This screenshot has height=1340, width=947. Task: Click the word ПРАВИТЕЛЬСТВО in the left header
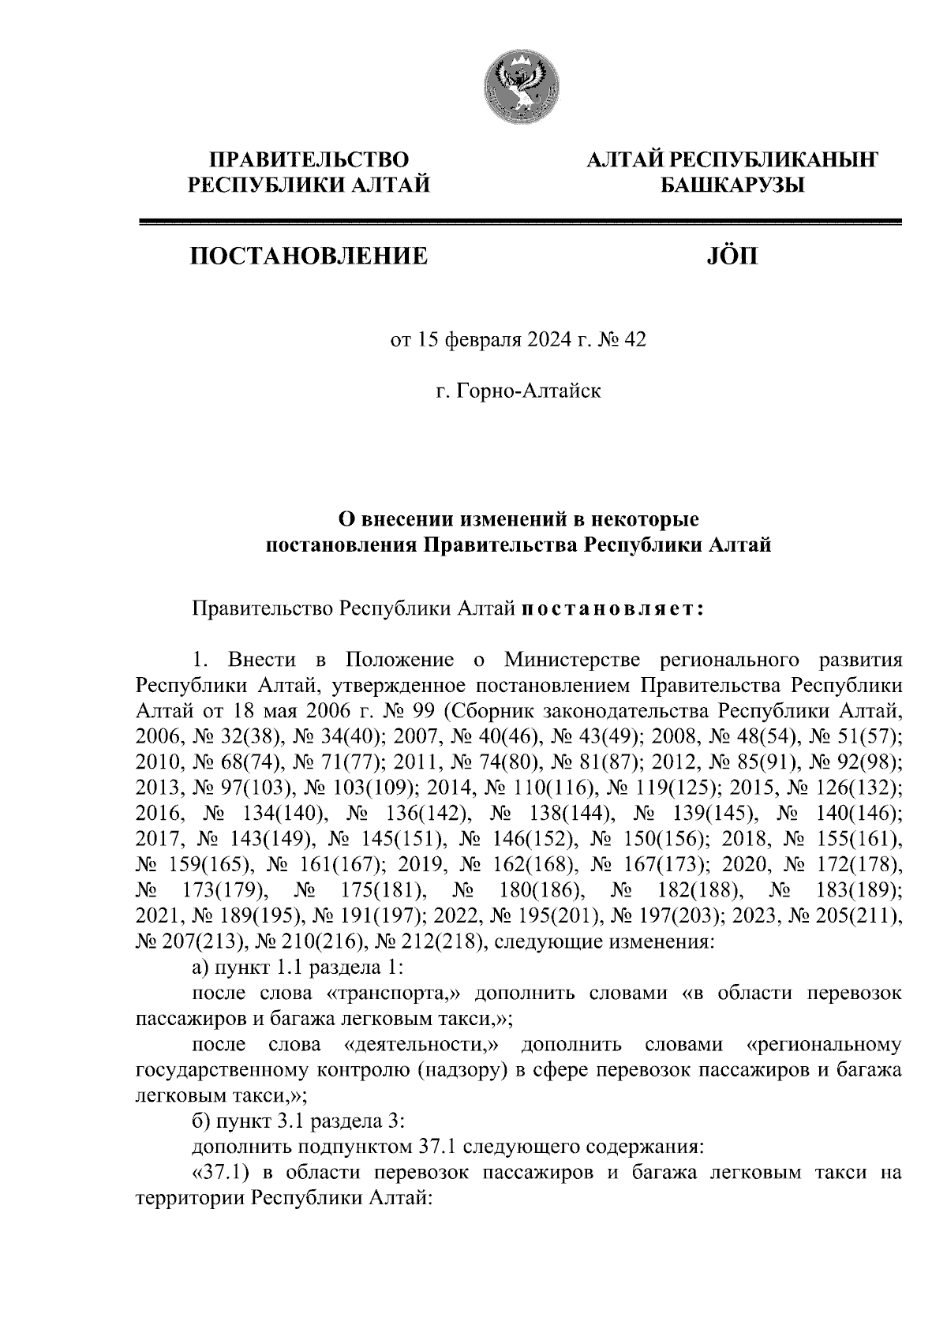309,160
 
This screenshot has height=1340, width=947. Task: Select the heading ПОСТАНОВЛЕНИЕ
308,256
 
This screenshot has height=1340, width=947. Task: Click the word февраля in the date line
479,340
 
